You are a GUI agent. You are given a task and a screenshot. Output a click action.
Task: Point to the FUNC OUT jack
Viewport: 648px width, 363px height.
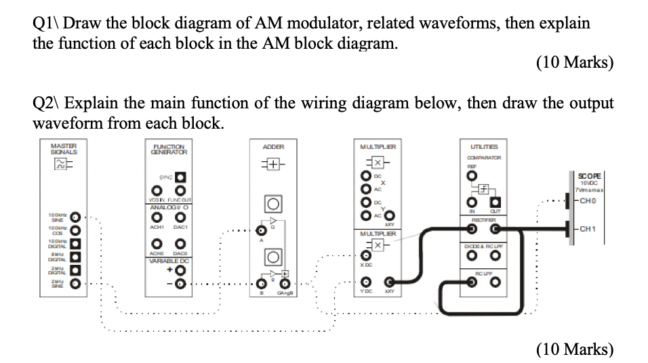181,189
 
